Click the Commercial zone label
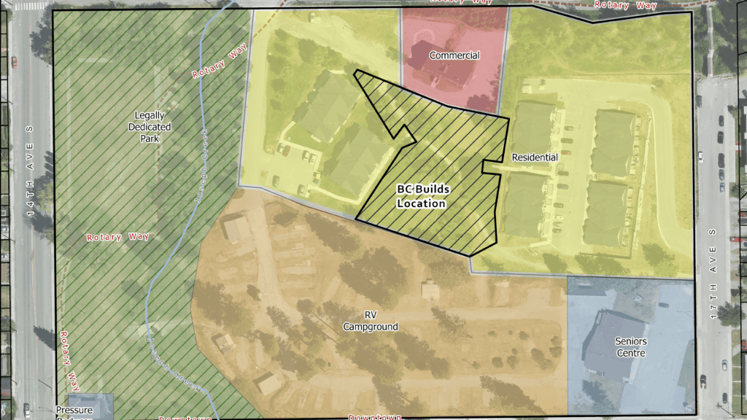[x=454, y=55]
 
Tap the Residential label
[x=535, y=157]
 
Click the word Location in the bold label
[x=421, y=203]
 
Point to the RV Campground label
[x=371, y=322]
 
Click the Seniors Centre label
[x=630, y=346]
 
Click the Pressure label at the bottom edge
[x=74, y=410]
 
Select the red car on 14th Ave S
[x=13, y=61]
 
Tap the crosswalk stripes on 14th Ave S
[x=30, y=5]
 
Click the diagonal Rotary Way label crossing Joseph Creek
[x=216, y=63]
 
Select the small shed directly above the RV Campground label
[x=430, y=290]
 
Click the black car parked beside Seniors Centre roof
[x=702, y=380]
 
